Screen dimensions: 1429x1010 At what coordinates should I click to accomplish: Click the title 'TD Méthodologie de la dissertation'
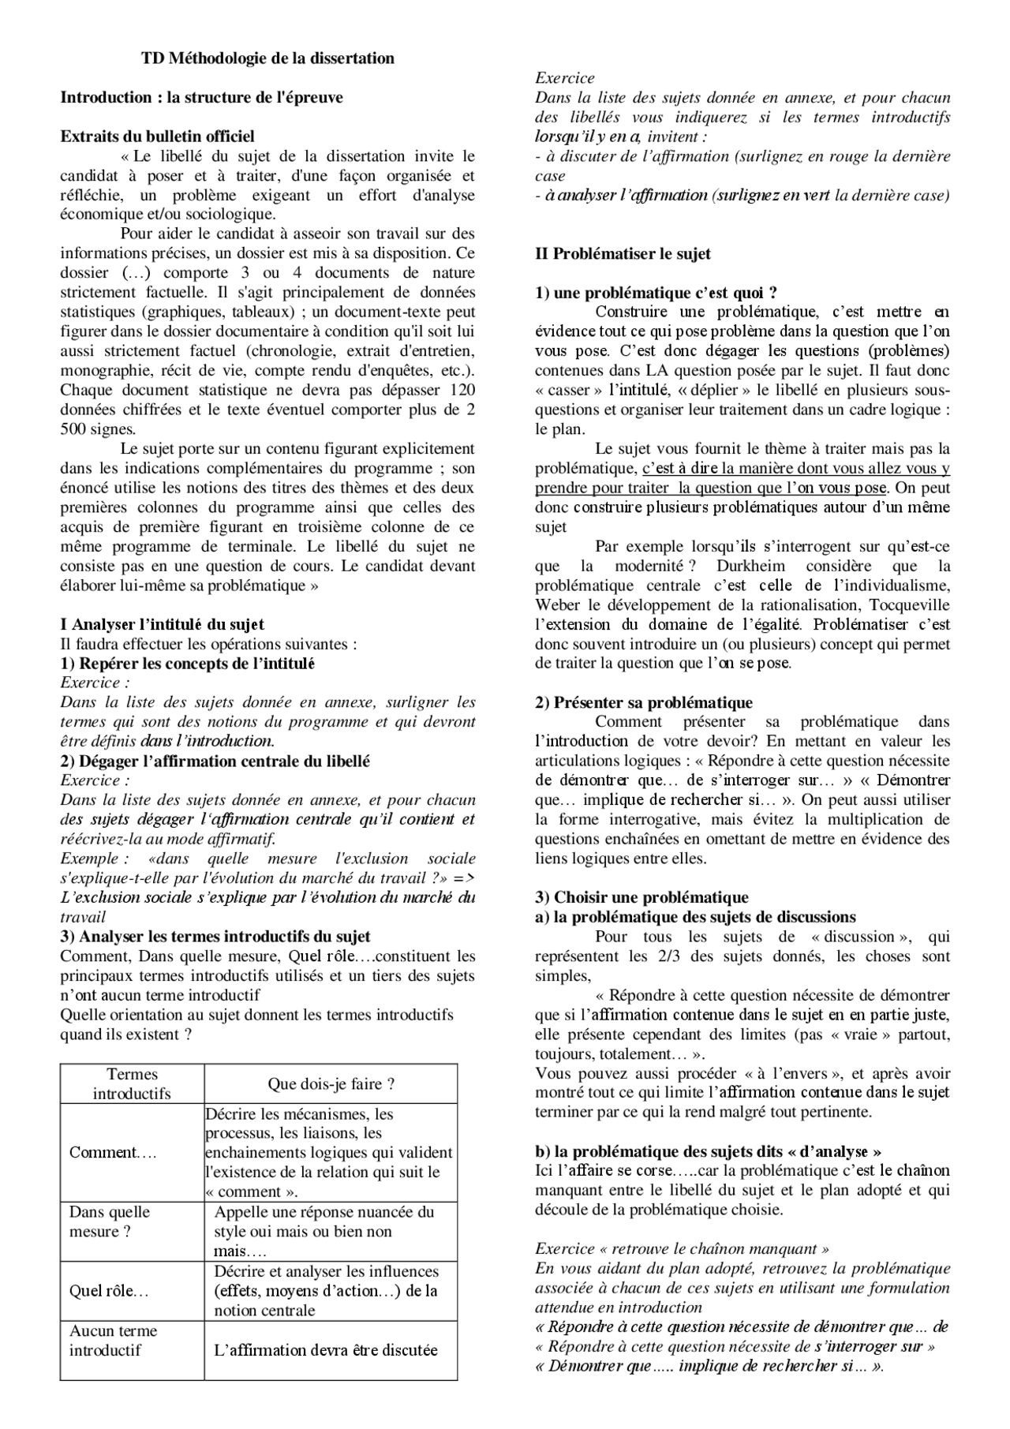point(267,58)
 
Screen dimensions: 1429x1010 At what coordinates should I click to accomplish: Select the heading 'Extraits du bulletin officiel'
point(157,137)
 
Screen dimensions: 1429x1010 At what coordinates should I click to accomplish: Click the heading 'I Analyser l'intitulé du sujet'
point(162,625)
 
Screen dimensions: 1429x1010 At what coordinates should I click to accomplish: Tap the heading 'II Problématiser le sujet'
point(623,254)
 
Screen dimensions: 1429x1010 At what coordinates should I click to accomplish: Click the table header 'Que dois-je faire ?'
point(331,1084)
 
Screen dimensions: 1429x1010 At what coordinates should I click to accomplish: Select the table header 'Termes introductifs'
point(132,1083)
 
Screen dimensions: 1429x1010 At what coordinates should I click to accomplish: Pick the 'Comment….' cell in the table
point(113,1153)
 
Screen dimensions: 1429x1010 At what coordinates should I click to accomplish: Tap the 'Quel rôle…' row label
point(109,1291)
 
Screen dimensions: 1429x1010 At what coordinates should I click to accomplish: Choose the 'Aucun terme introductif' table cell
point(113,1340)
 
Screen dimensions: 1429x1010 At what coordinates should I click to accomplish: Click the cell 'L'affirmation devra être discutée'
point(325,1350)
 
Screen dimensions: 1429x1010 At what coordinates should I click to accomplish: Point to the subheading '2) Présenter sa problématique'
point(643,702)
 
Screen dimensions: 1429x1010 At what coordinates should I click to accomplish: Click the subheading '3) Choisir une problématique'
point(641,897)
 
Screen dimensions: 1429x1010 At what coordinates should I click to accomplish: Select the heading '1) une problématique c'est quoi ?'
point(656,293)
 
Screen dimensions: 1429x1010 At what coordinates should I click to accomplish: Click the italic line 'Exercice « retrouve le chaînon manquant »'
point(682,1248)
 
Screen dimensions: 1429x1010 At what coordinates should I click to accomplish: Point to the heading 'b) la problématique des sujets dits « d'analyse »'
point(708,1151)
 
